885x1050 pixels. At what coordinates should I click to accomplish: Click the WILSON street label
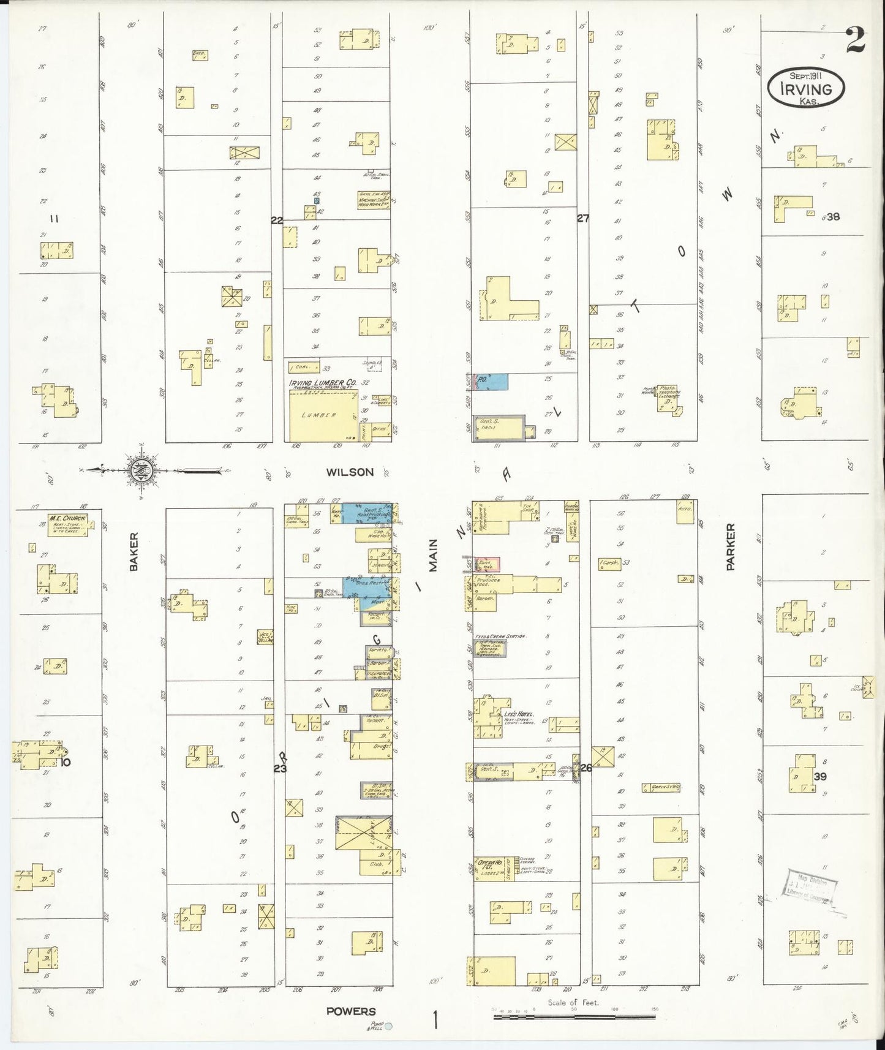pyautogui.click(x=350, y=472)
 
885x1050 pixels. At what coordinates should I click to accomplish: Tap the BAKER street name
pyautogui.click(x=134, y=553)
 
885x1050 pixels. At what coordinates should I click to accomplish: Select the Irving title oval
pyautogui.click(x=805, y=88)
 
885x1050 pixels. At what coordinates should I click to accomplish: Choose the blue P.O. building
pyautogui.click(x=492, y=381)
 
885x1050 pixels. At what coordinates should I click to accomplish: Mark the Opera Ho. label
pyautogui.click(x=488, y=861)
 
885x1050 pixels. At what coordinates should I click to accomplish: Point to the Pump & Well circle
pyautogui.click(x=387, y=1027)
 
